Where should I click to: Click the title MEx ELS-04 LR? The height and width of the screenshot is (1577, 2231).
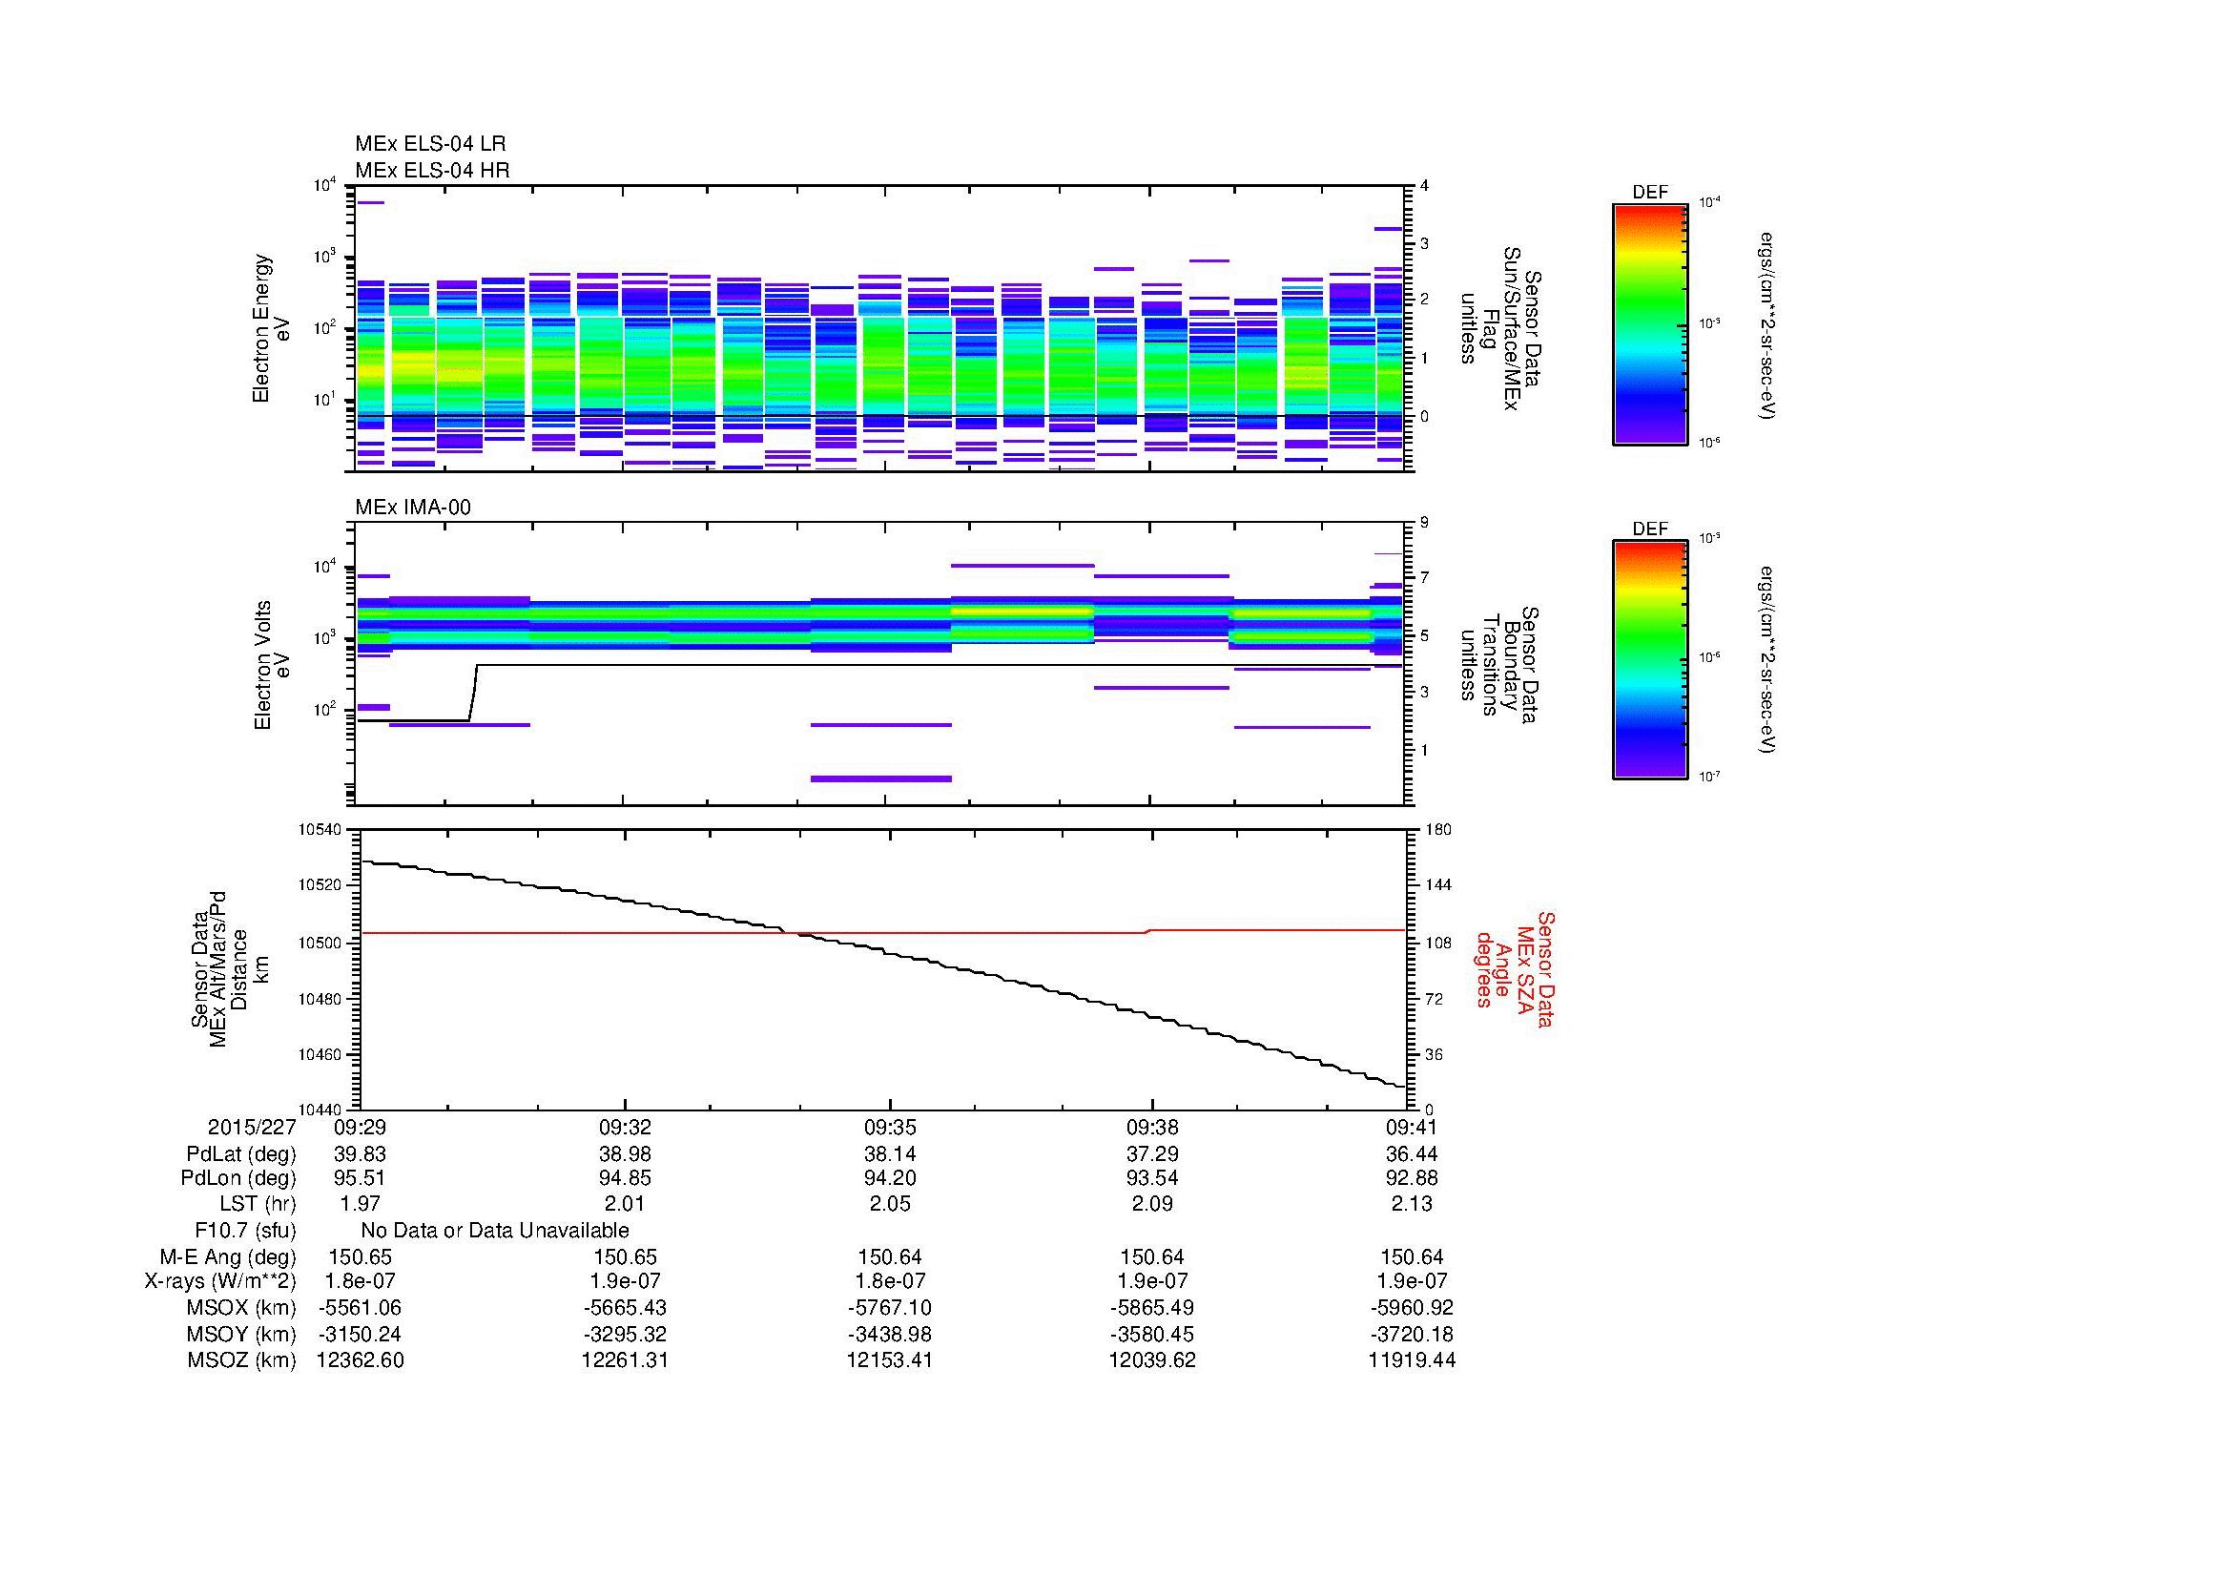pos(429,144)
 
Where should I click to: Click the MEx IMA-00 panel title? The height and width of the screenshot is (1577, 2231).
pos(413,508)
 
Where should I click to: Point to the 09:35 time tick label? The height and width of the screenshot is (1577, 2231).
pos(889,1128)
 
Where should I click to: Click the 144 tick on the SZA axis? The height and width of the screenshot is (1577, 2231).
pos(1437,885)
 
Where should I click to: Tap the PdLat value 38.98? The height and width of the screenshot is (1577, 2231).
pos(625,1154)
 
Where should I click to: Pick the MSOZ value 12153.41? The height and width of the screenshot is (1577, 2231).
pos(889,1360)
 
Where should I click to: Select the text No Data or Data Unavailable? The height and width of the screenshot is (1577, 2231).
pos(495,1230)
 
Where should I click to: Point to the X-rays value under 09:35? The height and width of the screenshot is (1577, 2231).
pos(889,1281)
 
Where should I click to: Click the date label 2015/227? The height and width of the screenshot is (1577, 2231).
pos(251,1128)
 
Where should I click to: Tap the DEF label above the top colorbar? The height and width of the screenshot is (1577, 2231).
pos(1649,193)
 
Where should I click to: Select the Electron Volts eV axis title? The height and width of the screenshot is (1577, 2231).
pos(272,666)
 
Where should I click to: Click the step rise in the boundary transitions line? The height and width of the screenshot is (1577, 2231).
pos(473,692)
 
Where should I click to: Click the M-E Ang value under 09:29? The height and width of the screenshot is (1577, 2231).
pos(360,1256)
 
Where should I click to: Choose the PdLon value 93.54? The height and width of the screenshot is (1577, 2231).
pos(1151,1178)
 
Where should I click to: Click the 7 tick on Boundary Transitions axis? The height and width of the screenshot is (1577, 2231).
pos(1424,578)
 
